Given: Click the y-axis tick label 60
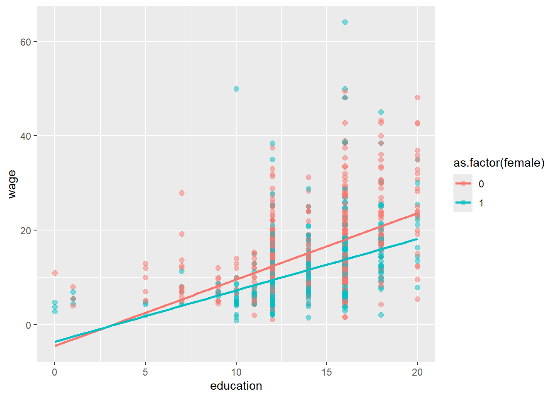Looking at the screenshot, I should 25,42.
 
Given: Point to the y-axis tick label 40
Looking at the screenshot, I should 25,136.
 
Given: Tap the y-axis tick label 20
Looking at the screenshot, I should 25,231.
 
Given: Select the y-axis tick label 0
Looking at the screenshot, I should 28,325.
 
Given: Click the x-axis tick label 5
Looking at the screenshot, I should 145,372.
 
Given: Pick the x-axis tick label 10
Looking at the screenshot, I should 236,372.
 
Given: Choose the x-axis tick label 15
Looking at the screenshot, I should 327,372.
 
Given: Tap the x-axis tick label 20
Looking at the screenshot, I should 417,372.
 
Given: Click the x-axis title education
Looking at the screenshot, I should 236,386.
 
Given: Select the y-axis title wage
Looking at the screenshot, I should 12,184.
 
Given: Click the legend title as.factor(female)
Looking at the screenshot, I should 499,163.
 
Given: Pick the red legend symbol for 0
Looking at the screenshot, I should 463,184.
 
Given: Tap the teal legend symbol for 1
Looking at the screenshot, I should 463,203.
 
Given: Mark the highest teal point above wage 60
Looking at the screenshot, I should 345,22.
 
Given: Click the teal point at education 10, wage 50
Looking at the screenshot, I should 236,89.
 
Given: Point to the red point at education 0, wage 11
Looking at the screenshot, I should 55,273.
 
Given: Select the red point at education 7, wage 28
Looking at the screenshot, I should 182,193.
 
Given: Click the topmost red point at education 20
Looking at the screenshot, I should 417,97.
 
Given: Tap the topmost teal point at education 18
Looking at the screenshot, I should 381,112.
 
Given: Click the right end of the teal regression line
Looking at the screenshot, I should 417,239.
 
